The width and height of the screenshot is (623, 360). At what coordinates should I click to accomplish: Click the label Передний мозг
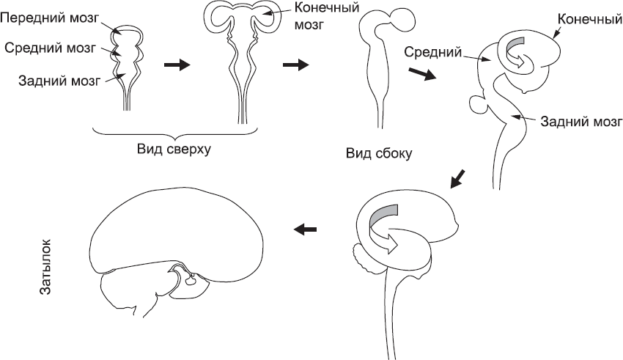[56, 14]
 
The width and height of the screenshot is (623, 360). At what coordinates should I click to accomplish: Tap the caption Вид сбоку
[379, 154]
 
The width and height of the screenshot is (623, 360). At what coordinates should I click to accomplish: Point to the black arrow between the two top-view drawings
[177, 65]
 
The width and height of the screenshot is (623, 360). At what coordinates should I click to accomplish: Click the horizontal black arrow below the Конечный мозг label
[295, 65]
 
